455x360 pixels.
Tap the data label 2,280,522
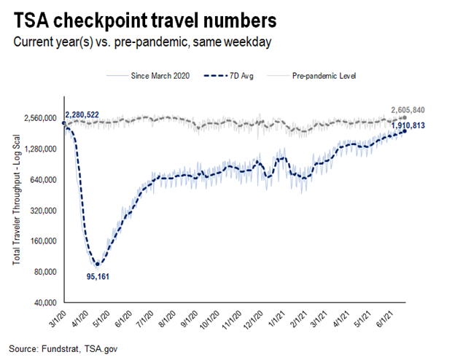tap(92, 115)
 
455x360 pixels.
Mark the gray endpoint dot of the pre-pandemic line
tap(404, 118)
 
